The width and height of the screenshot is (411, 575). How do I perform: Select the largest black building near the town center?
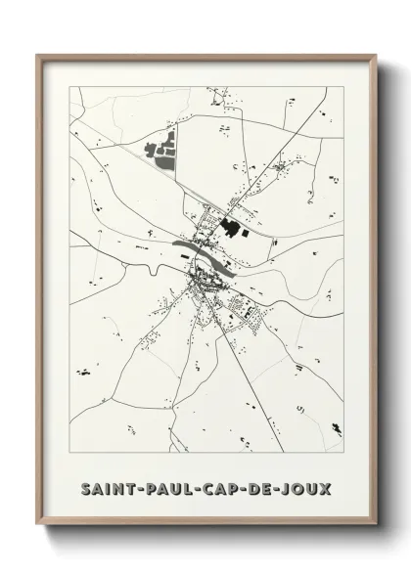[232, 231]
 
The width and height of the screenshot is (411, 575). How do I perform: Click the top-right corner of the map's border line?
[347, 86]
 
